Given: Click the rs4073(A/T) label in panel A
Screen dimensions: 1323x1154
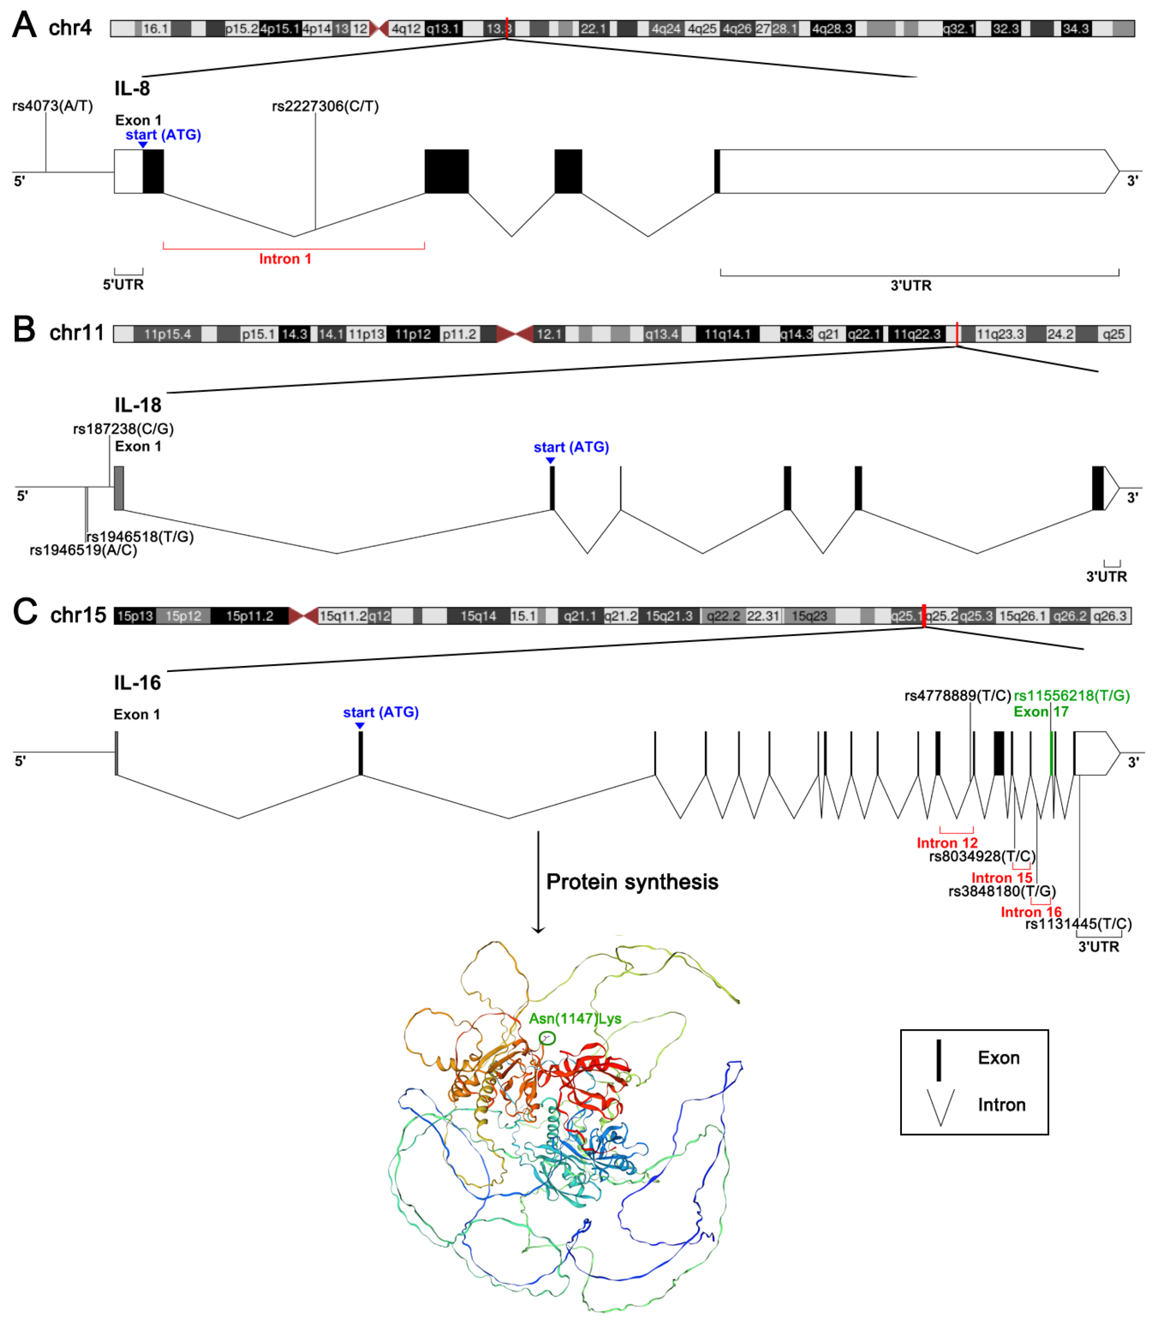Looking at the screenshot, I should [52, 106].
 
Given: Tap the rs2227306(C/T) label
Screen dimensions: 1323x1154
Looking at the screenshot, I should [325, 106].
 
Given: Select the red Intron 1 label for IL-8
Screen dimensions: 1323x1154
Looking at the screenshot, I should [285, 259].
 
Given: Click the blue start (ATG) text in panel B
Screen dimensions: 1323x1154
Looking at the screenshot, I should [571, 447].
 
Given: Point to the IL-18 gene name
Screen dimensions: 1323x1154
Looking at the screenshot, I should [138, 405].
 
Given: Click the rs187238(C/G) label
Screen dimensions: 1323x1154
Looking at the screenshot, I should [123, 429].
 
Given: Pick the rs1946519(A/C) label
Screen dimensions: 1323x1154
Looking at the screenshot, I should [83, 550].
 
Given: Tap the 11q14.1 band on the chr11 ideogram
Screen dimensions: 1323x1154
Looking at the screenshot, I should [727, 334].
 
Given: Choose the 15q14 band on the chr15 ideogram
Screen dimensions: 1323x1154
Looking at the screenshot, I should [478, 616].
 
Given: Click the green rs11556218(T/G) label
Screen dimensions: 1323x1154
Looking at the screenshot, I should [1072, 696].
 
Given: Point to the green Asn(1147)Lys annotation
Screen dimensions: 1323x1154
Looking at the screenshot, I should [575, 1018].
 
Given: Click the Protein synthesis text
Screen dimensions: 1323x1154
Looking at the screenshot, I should [632, 882].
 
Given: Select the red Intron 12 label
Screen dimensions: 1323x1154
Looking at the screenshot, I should [946, 843].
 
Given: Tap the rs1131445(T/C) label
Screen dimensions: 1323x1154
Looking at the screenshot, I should [1078, 924].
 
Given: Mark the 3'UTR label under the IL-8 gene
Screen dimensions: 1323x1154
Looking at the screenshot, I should [911, 285].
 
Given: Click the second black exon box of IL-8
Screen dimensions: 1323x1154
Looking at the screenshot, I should [446, 171].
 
